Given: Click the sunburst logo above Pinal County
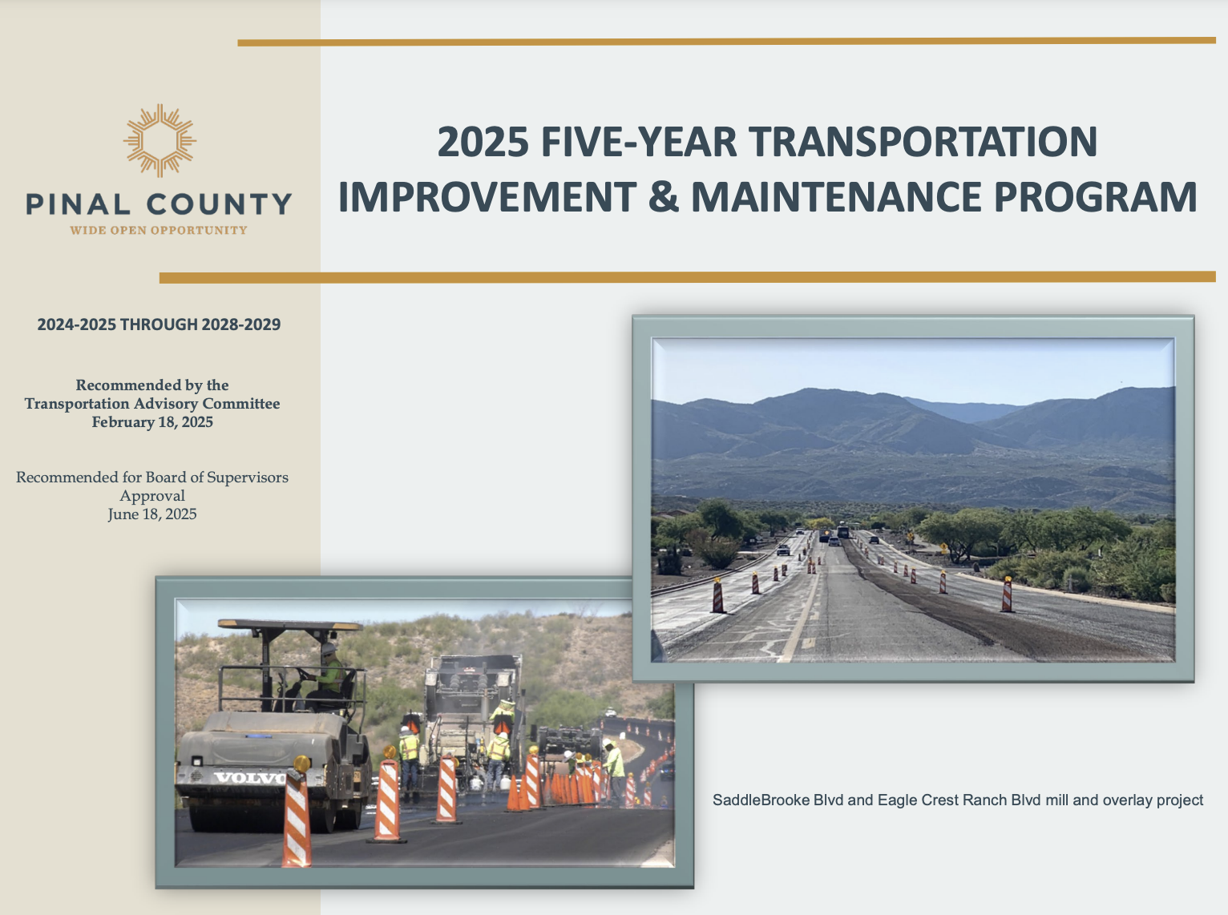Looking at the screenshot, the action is click(x=160, y=140).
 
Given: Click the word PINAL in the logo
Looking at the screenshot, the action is click(x=78, y=204).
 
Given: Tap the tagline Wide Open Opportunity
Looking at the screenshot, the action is click(x=159, y=230).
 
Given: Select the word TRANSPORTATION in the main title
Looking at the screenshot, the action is click(x=923, y=141).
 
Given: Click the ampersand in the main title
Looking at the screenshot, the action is click(x=663, y=197).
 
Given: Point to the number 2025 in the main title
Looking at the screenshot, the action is click(x=483, y=141).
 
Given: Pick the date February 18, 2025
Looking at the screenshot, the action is click(x=152, y=422).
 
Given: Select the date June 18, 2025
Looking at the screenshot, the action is click(x=152, y=514).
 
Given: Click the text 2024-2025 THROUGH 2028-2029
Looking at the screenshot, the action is click(x=159, y=324).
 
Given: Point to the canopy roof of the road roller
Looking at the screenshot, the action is click(x=290, y=625).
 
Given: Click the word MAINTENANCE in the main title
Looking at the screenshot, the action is click(x=836, y=197).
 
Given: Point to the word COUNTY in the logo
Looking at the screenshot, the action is click(x=220, y=204).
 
